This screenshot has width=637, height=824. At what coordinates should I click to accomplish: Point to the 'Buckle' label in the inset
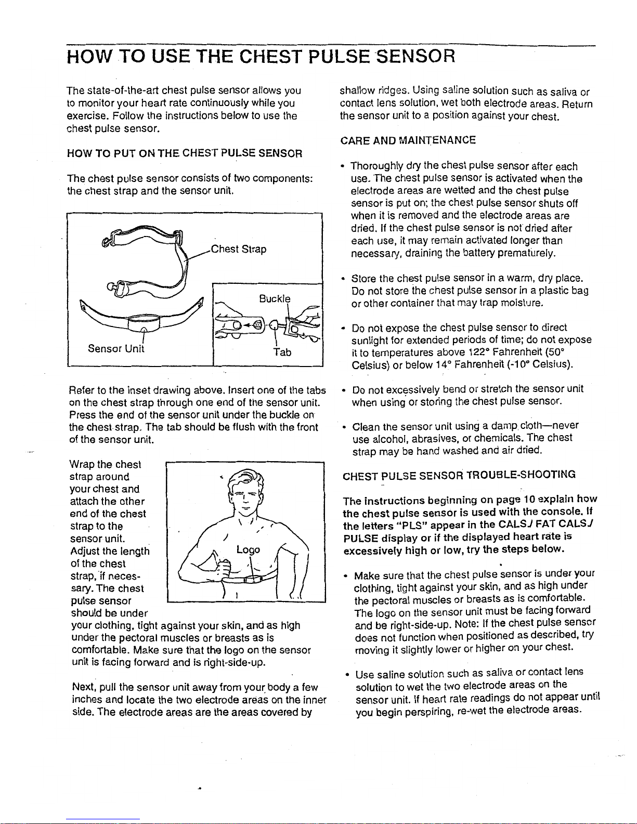pyautogui.click(x=275, y=298)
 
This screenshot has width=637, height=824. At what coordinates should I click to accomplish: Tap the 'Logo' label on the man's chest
pyautogui.click(x=247, y=550)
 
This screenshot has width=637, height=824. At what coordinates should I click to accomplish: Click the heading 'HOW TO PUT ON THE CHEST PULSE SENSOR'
pyautogui.click(x=185, y=153)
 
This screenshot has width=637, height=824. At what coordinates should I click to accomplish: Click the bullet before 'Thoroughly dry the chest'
pyautogui.click(x=344, y=167)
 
